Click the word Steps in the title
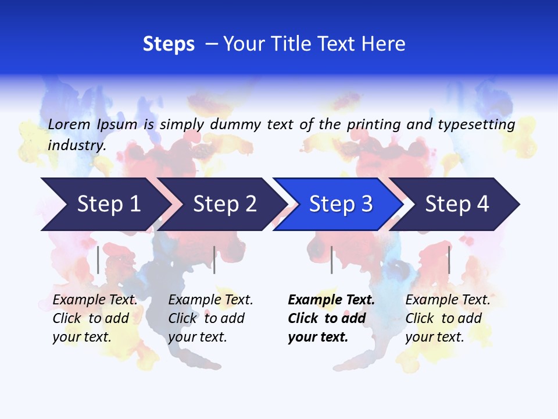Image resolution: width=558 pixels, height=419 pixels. (169, 44)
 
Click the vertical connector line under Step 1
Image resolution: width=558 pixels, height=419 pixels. (98, 260)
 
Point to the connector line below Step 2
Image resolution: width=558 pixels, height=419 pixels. (214, 260)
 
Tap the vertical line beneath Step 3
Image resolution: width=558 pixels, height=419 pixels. (332, 260)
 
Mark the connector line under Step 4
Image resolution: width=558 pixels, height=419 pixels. (449, 260)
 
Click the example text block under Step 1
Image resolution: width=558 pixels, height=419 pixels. (95, 318)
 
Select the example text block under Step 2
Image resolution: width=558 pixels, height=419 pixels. (210, 318)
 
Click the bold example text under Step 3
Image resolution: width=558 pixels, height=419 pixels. (331, 318)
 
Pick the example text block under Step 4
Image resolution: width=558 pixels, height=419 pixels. (448, 318)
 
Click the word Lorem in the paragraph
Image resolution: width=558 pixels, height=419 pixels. (69, 124)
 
